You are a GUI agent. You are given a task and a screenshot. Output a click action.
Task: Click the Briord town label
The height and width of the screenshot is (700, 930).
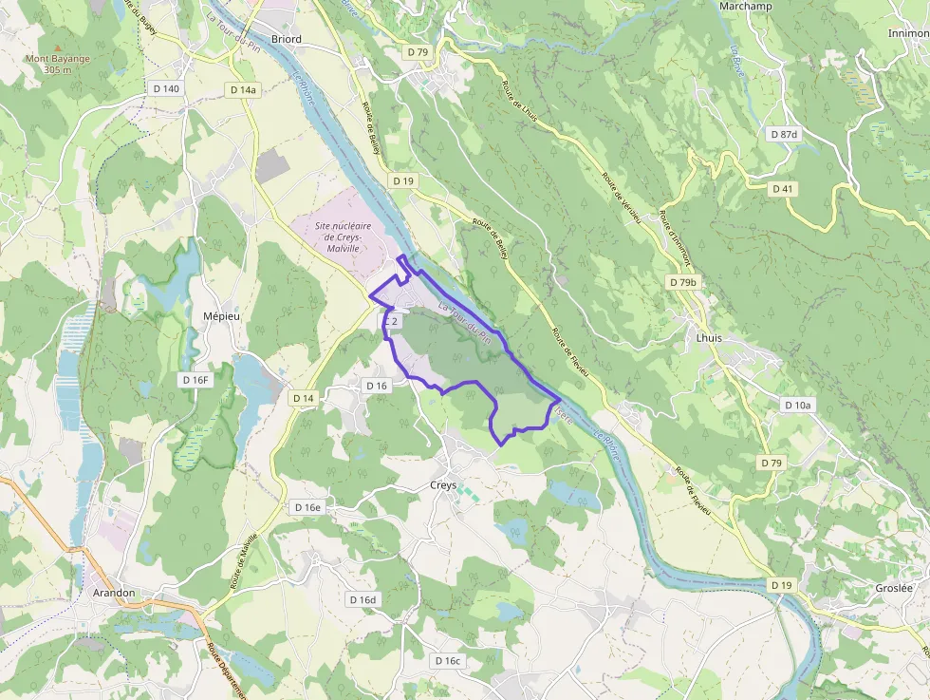coord(286,39)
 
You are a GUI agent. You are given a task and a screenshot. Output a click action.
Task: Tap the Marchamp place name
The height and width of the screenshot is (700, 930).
coord(746,7)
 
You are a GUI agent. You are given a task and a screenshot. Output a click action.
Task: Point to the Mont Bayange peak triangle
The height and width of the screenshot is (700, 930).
coord(58,47)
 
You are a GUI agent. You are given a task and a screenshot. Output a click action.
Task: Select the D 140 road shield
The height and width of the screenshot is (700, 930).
coord(165,88)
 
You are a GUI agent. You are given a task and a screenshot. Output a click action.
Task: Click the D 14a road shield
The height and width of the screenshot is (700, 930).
coord(243,89)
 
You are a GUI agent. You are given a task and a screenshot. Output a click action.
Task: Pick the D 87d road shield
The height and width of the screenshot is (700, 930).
coord(784,134)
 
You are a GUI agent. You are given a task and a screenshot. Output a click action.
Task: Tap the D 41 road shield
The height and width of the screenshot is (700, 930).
coord(782,189)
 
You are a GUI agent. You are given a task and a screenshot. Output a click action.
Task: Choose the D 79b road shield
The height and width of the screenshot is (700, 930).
coord(682,282)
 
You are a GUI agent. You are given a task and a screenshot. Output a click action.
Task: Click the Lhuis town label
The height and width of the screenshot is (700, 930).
coord(709,337)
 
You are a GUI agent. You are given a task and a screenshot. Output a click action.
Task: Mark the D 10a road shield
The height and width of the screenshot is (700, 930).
coord(798,405)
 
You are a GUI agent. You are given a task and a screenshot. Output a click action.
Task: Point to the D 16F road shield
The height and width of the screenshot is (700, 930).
coord(194,380)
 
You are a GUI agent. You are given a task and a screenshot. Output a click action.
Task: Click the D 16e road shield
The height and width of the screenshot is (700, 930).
coord(307,507)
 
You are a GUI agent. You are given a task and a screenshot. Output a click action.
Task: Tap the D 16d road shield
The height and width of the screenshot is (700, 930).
coord(363,599)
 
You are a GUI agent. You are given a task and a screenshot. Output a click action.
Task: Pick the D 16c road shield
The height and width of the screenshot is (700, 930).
coord(447,660)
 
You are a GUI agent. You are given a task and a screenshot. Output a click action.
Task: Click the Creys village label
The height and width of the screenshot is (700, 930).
coord(443,485)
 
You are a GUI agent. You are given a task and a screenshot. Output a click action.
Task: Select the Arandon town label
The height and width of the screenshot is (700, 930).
coord(114,593)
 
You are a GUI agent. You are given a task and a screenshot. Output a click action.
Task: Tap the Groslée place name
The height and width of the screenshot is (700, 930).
coord(893,588)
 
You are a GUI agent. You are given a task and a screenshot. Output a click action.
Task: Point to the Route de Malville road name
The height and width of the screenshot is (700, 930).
coord(242,562)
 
